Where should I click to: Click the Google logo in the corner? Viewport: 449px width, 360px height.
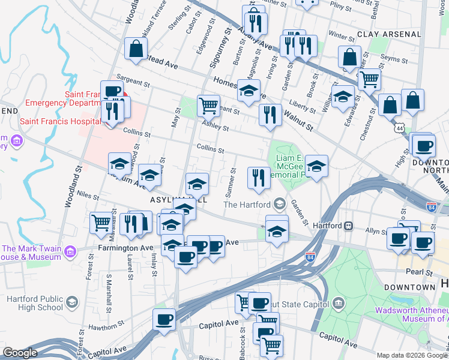pyautogui.click(x=20, y=353)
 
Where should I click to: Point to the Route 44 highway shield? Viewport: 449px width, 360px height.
pyautogui.click(x=399, y=128)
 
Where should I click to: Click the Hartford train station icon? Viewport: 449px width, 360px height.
pyautogui.click(x=348, y=226)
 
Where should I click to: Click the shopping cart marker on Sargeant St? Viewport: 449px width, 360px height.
pyautogui.click(x=208, y=106)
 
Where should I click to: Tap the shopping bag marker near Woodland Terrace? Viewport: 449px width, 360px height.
pyautogui.click(x=136, y=48)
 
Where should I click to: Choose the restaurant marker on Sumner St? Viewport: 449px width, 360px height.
pyautogui.click(x=259, y=177)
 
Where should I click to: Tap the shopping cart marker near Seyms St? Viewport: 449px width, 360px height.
pyautogui.click(x=369, y=79)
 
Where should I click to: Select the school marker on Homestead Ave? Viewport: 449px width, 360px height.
pyautogui.click(x=249, y=90)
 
